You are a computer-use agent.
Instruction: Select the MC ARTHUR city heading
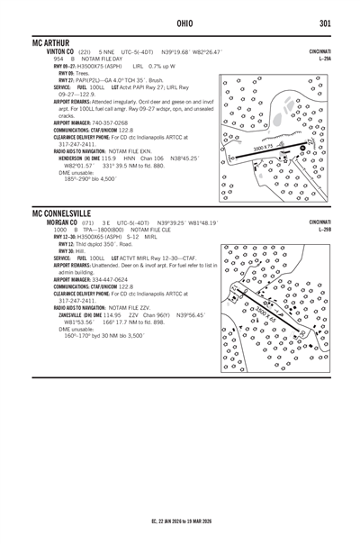pos(53,43)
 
